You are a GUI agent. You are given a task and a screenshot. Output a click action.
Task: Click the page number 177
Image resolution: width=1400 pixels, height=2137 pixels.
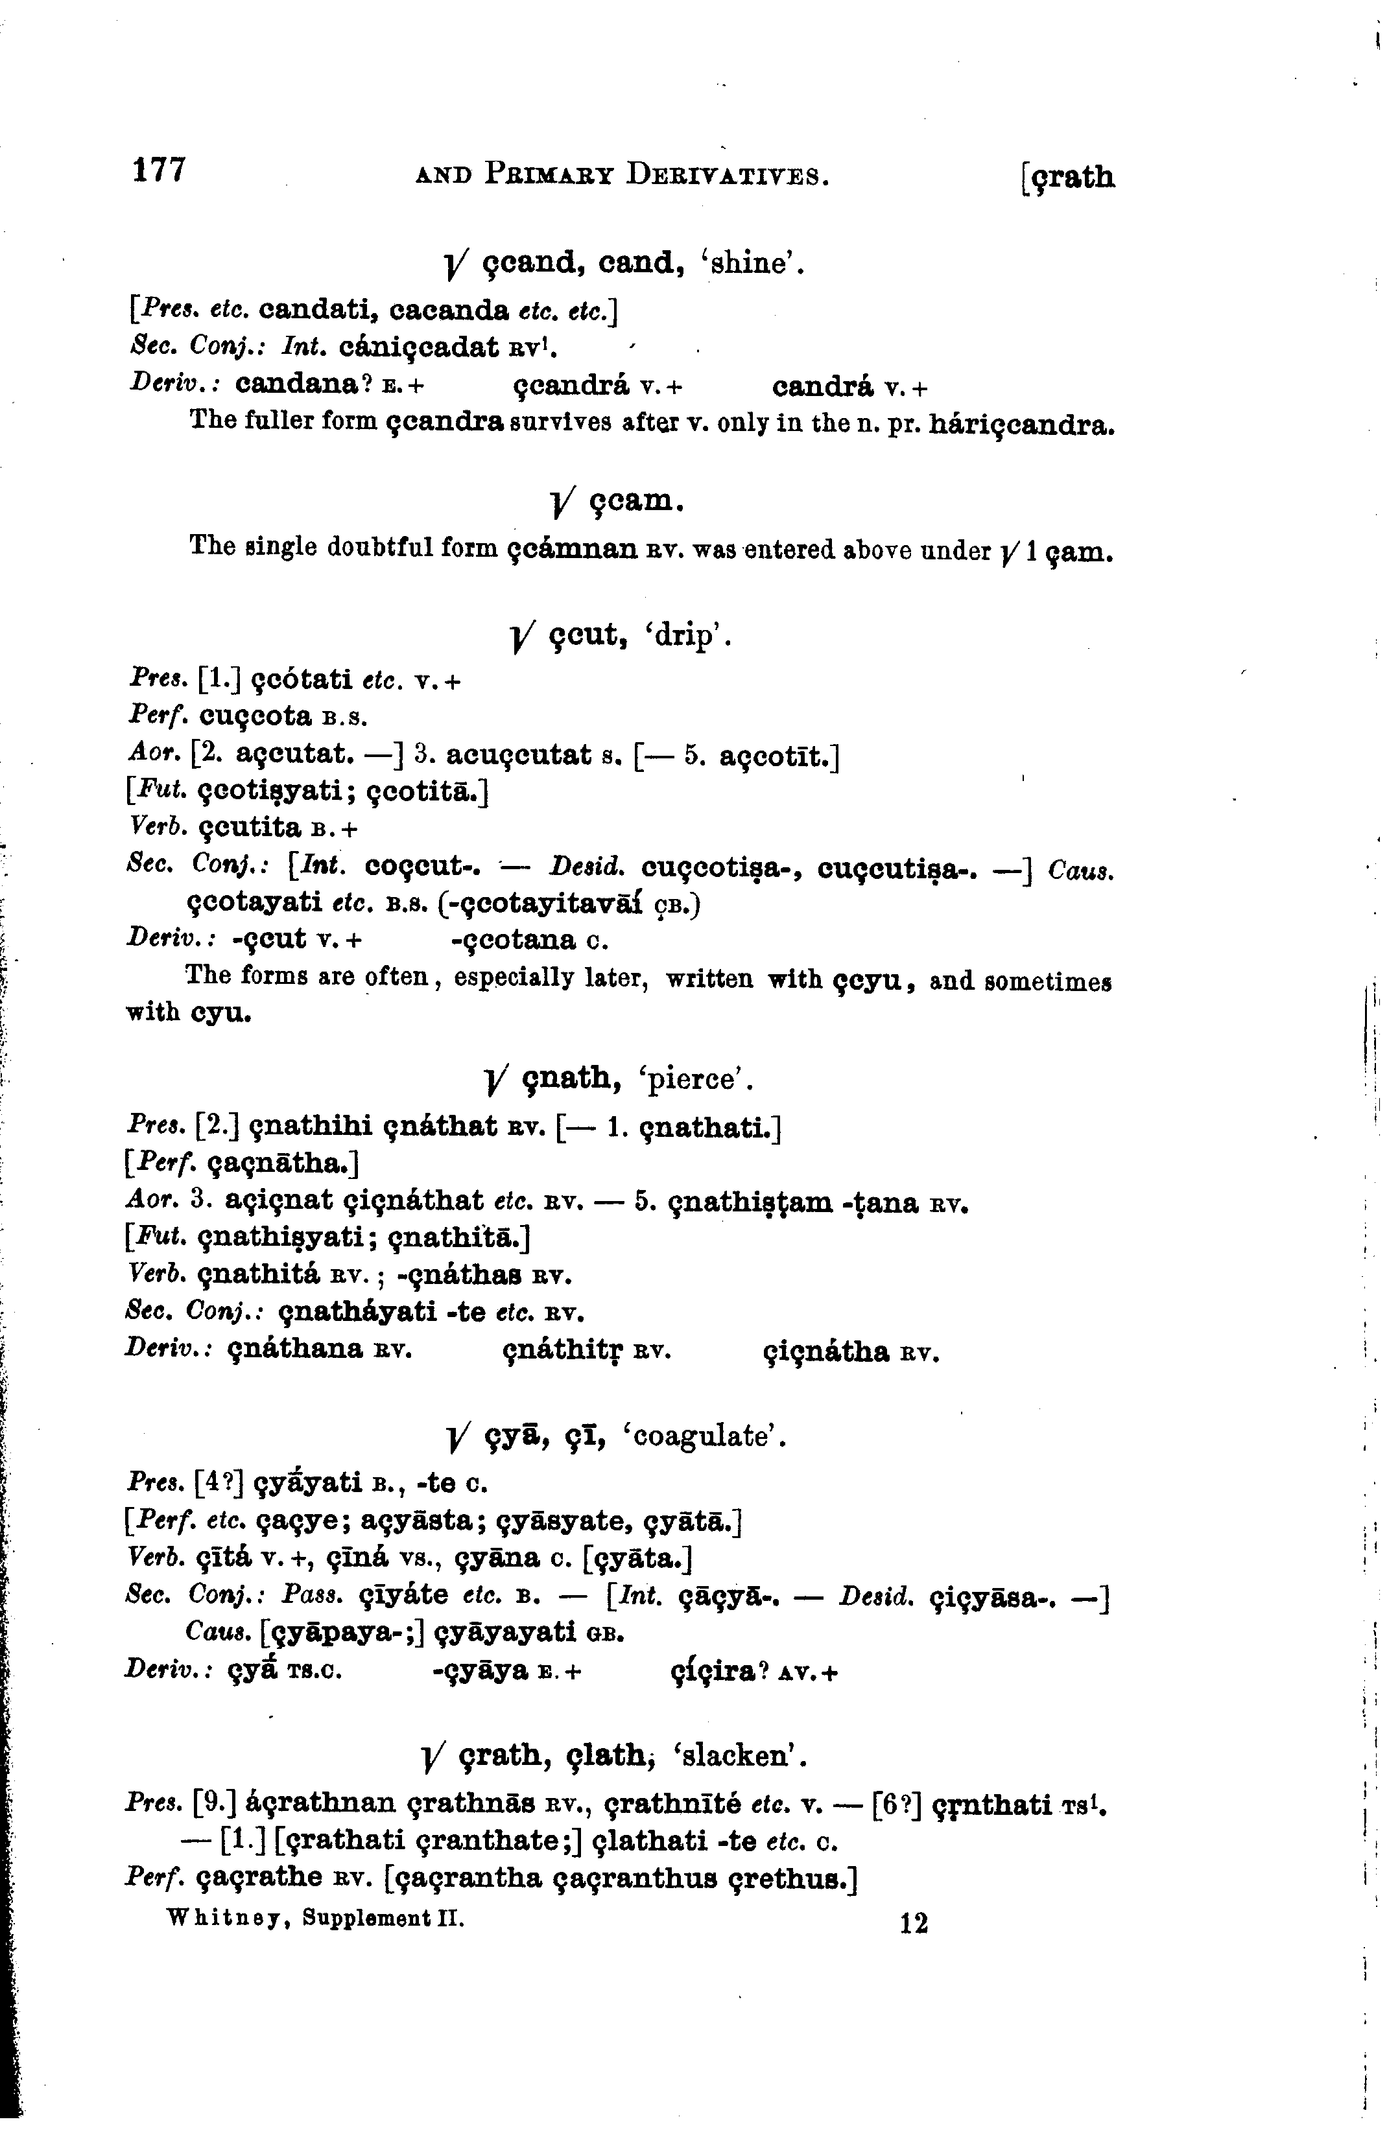click(x=159, y=170)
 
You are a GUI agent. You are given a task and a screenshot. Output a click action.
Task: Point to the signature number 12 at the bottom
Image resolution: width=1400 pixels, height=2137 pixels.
click(x=913, y=1922)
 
